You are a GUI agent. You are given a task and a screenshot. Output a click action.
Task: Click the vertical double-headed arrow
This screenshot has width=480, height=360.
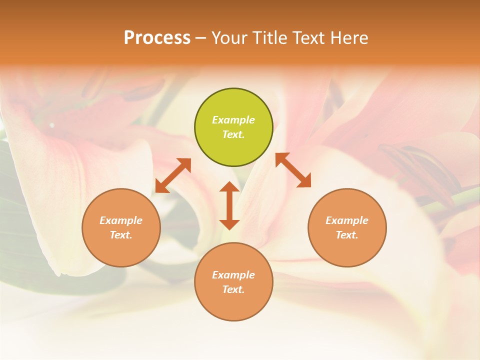coord(229,205)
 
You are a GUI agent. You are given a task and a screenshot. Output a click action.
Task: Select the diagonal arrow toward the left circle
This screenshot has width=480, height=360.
coord(173,175)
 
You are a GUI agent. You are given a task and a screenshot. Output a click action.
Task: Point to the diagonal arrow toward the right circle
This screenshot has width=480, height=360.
coord(293,170)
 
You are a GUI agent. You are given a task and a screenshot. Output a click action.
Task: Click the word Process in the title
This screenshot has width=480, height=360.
coord(157,38)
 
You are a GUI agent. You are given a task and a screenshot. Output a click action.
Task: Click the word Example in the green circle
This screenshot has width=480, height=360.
coord(233,120)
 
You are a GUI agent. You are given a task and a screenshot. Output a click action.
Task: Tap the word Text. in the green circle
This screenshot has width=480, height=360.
coord(233,134)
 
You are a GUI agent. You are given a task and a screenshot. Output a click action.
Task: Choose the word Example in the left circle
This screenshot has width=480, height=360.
coord(121,220)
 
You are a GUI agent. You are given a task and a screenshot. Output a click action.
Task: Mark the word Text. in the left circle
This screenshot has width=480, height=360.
coord(121,235)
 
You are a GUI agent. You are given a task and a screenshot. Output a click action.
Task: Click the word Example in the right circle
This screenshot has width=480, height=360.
coord(347,220)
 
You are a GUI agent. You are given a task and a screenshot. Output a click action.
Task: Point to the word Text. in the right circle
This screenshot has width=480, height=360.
coord(347,235)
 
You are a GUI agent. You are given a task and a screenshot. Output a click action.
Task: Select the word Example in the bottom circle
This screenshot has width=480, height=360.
coord(233,275)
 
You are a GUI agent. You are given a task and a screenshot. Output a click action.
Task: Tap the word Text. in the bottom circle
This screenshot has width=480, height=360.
coord(233,289)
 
